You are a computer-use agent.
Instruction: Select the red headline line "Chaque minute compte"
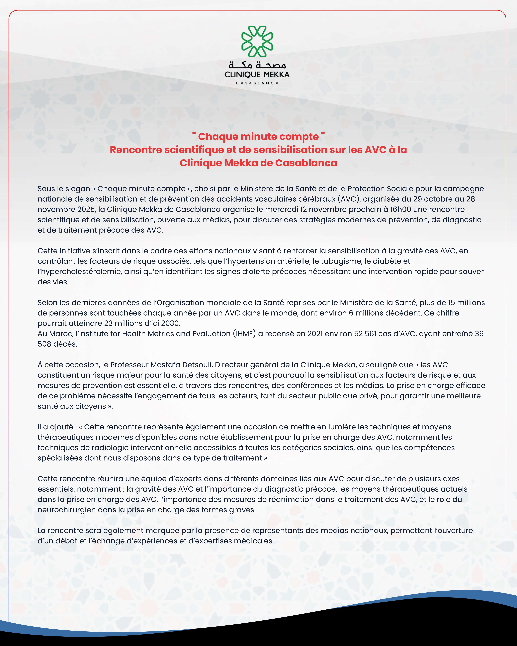[258, 137]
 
